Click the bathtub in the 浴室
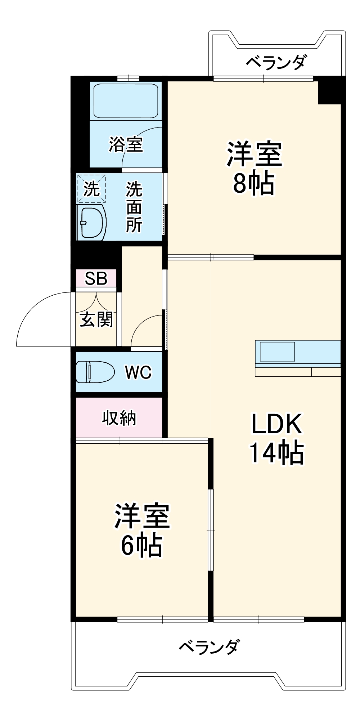[x=126, y=101]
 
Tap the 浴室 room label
[x=126, y=144]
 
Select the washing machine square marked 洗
[x=91, y=189]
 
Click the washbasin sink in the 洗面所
[x=91, y=223]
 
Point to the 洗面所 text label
[x=134, y=207]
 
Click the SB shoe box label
[x=96, y=278]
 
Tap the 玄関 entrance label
[x=96, y=319]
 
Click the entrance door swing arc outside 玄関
[x=40, y=317]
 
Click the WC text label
[x=138, y=372]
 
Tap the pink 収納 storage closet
[x=119, y=418]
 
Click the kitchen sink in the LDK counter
[x=278, y=351]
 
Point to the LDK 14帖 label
[x=276, y=438]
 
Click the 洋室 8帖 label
[x=254, y=169]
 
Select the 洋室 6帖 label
[x=142, y=530]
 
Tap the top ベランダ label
[x=276, y=62]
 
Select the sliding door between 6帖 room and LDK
[x=211, y=529]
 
